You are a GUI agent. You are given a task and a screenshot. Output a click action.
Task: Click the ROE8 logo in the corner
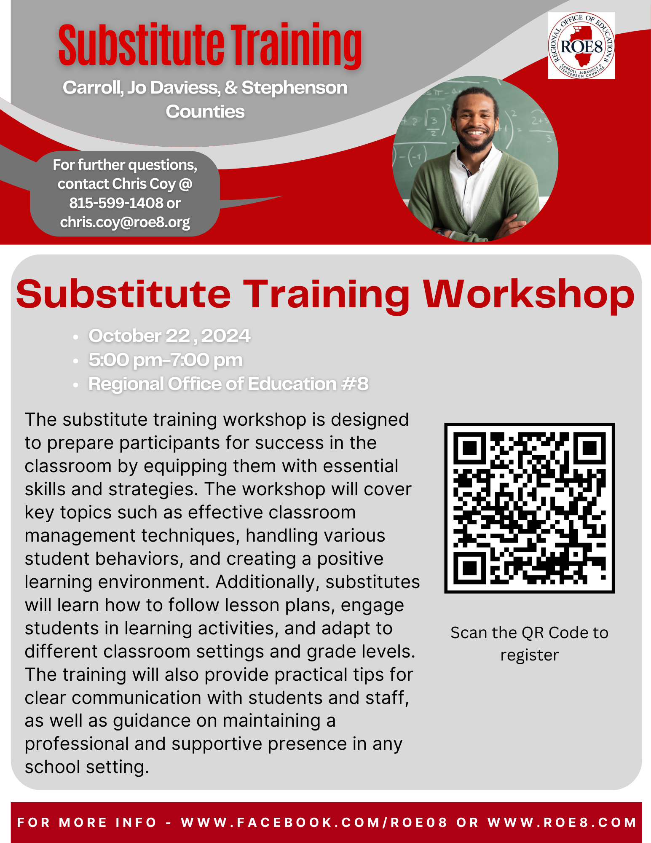[581, 46]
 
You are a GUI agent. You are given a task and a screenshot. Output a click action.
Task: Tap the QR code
[530, 508]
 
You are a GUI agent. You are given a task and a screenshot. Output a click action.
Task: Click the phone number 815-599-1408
[116, 203]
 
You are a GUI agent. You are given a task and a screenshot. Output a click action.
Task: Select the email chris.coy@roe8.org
[125, 222]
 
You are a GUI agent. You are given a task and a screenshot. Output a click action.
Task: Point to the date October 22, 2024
[169, 336]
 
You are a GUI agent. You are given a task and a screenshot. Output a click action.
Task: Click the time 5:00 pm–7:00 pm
[166, 360]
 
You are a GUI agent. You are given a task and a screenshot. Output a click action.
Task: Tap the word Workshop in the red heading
[529, 294]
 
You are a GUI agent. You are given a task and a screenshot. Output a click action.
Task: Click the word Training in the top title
[296, 46]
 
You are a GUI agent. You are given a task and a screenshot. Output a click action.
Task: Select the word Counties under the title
[205, 112]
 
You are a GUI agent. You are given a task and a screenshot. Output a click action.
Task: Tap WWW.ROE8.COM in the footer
[562, 822]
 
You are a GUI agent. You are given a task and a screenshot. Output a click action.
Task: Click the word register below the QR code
[530, 655]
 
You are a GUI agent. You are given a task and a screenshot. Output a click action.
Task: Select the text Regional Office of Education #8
[228, 384]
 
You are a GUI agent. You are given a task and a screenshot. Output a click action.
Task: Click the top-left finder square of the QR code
[469, 448]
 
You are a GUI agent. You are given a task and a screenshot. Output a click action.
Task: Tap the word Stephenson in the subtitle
[295, 88]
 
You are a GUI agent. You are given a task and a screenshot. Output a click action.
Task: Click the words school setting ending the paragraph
[87, 767]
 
